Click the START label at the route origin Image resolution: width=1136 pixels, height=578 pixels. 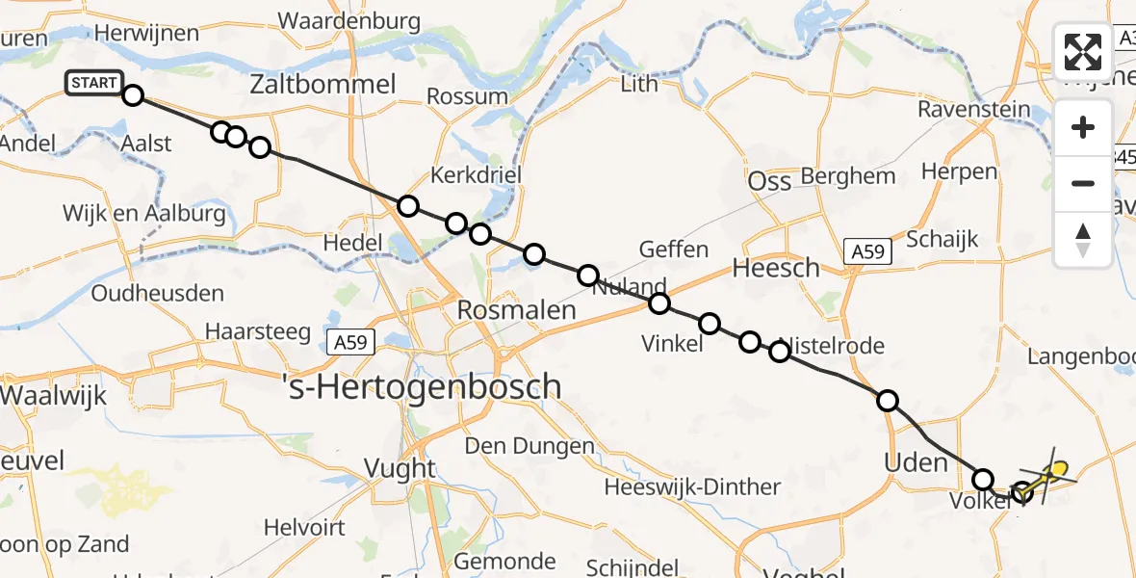coord(93,84)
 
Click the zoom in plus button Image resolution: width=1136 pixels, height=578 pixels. coord(1083,127)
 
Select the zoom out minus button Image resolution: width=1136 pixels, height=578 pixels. coord(1083,183)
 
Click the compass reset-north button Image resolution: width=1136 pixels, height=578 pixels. coord(1083,239)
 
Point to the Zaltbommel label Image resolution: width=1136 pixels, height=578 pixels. coord(323,85)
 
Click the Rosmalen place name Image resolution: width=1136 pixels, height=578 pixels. coord(516,310)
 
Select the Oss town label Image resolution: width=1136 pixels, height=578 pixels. coord(769,181)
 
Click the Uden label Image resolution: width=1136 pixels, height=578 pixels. coord(916,462)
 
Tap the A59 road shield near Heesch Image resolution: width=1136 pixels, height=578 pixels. coord(867,252)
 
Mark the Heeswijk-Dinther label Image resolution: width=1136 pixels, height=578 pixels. coord(692,487)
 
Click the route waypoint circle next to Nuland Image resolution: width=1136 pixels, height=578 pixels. coord(588,276)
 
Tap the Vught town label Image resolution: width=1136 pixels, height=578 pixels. coord(400,469)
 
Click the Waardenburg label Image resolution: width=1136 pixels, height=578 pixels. coord(349,21)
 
